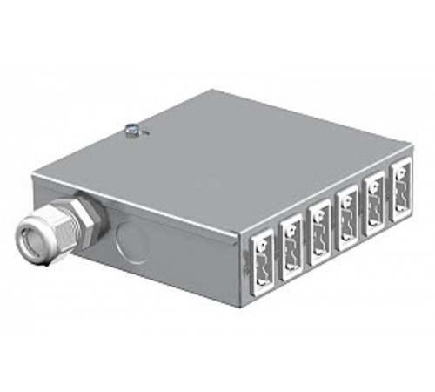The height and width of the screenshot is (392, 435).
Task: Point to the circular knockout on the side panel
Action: click(130, 239)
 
